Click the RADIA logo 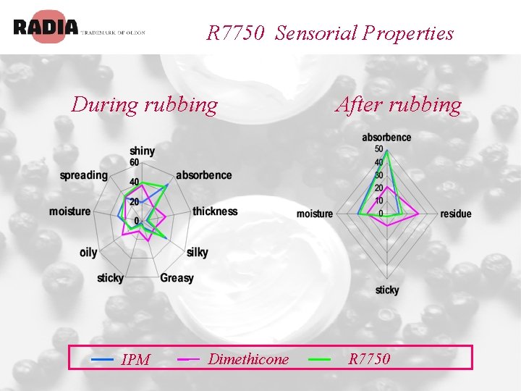45,28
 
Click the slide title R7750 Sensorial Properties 330,33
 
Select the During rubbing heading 144,105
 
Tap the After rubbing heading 398,105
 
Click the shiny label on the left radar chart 143,151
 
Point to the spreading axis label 83,175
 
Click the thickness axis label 215,211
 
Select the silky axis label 197,252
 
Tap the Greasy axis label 177,278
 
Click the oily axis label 88,252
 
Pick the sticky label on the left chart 110,278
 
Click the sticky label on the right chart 387,290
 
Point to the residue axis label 455,214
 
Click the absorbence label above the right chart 386,138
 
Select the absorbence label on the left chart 203,175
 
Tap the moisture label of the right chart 315,214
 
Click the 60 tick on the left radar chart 135,162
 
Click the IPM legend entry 135,359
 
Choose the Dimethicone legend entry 248,359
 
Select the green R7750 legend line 319,358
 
